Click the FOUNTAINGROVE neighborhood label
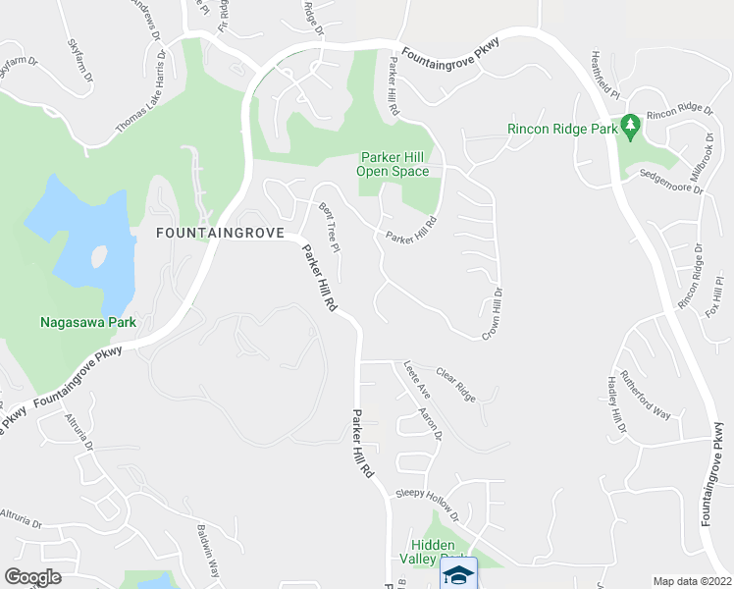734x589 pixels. [218, 234]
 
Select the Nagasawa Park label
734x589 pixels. [87, 321]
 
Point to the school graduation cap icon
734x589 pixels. [458, 574]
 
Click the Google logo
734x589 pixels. [32, 577]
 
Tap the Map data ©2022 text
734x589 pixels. [692, 580]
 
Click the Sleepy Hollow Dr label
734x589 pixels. [427, 503]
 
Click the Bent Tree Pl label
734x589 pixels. [330, 225]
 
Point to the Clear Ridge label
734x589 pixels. [455, 384]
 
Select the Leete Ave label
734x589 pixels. [416, 379]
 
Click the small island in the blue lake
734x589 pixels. [98, 258]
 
